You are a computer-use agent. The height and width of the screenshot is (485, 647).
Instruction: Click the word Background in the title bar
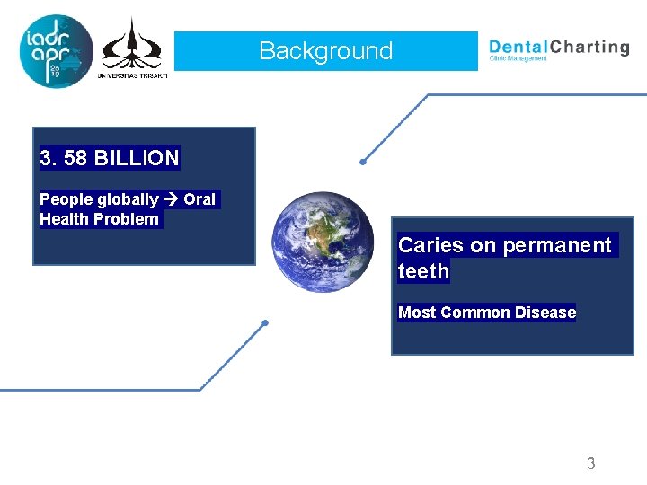pos(325,51)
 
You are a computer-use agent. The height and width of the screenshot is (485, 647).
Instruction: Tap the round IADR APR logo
pos(56,51)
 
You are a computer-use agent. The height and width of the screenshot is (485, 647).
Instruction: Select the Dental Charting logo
pos(558,49)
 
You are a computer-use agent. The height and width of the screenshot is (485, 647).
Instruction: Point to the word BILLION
pos(137,159)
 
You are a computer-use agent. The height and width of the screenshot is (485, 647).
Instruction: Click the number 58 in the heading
pos(75,159)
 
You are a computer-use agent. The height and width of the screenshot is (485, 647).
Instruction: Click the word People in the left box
pos(63,199)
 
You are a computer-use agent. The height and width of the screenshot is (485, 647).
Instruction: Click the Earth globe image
pos(323,242)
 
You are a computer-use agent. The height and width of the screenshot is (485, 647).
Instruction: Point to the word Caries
pos(430,245)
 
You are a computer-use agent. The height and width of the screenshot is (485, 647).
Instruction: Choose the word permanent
pos(556,245)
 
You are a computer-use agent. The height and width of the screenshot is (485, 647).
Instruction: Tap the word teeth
pos(423,271)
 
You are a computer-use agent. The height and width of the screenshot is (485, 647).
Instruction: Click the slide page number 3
pos(590,463)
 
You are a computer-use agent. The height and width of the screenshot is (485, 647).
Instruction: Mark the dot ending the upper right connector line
pos(362,163)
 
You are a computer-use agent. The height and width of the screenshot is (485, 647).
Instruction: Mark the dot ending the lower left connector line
pos(264,322)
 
